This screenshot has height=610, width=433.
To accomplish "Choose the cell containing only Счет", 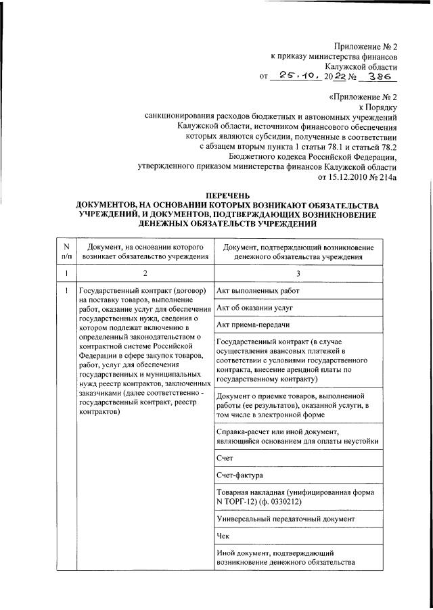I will [x=225, y=457].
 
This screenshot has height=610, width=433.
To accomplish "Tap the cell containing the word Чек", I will [x=224, y=536].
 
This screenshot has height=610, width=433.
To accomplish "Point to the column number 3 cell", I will [x=298, y=273].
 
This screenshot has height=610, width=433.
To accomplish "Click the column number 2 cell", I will [x=144, y=273].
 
